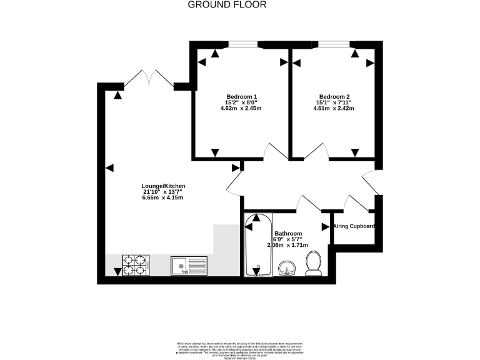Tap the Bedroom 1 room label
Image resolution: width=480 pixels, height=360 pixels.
point(242,97)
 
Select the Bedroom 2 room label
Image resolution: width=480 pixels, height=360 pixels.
point(333,97)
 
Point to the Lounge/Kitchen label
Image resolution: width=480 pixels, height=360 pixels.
point(162,186)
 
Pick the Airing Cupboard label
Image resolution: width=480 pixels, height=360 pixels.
point(354,226)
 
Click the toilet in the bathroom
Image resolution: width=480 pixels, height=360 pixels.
point(312,264)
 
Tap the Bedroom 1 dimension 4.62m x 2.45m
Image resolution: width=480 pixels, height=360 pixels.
point(241,108)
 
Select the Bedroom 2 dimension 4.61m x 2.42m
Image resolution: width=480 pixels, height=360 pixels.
point(333,108)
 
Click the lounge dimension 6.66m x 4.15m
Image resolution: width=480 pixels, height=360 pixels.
point(162,197)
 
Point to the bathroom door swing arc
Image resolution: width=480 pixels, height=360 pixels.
point(307,203)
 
